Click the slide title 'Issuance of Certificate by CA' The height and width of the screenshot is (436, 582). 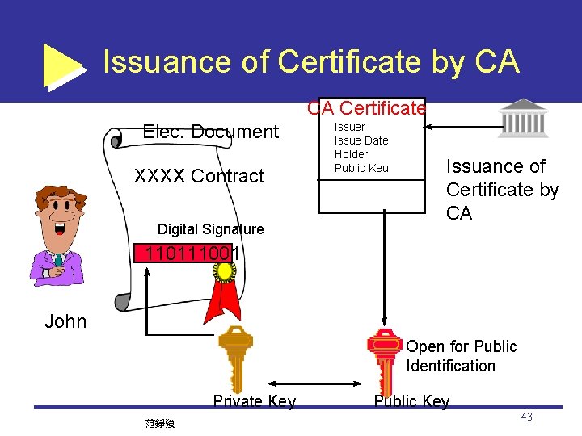click(311, 62)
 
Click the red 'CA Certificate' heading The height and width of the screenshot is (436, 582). click(366, 108)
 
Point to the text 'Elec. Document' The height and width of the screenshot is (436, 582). click(210, 132)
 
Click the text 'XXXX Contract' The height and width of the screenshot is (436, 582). click(199, 176)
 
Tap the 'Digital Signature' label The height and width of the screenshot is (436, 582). click(210, 229)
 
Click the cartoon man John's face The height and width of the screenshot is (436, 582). click(58, 216)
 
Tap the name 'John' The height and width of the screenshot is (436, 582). click(65, 321)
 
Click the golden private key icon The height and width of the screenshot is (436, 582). click(235, 359)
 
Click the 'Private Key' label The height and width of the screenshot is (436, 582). click(254, 401)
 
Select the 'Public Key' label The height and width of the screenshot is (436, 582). click(411, 401)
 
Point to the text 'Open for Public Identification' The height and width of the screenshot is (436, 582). click(461, 356)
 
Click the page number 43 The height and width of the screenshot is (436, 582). click(526, 417)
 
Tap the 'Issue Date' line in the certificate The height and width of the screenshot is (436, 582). click(361, 140)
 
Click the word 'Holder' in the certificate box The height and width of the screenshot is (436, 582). click(351, 154)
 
